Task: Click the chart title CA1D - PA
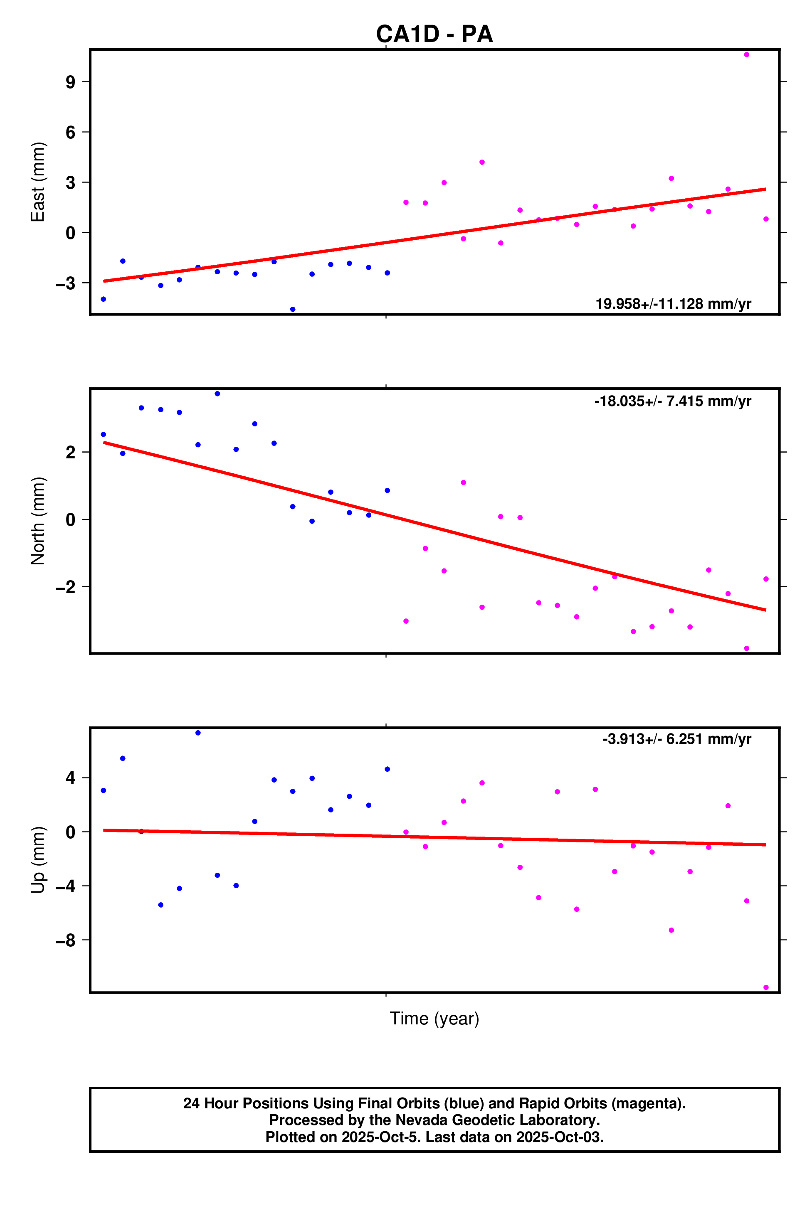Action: pos(434,34)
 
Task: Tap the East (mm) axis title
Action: pos(38,182)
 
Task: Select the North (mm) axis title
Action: pos(38,521)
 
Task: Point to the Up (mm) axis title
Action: pos(38,860)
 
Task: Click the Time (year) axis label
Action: pos(434,1019)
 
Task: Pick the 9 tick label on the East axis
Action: pos(70,82)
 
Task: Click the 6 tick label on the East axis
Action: pos(70,132)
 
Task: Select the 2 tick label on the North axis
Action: pos(70,453)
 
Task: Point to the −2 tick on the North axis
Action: pos(66,587)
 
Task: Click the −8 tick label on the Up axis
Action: pos(66,940)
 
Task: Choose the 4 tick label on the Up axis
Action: pos(70,778)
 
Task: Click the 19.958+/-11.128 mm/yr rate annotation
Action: pos(673,304)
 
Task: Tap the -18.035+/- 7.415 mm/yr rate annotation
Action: pos(672,401)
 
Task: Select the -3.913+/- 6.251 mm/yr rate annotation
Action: pos(676,739)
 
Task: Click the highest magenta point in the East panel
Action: pos(746,54)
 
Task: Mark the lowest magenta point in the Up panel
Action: pos(766,987)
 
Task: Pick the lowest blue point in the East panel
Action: pos(293,309)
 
